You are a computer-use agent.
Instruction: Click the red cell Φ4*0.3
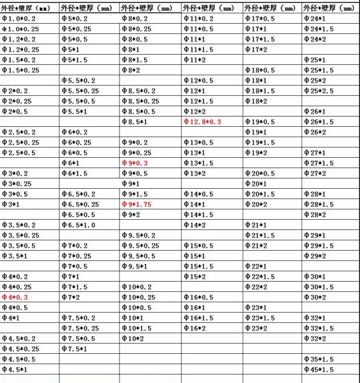coord(15,297)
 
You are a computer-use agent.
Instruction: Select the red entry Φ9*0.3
coord(134,163)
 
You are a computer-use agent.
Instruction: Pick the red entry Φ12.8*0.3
coord(202,121)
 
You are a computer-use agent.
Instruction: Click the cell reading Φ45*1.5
coord(318,369)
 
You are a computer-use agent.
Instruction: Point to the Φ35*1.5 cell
coord(318,359)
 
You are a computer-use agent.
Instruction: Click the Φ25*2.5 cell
coord(318,90)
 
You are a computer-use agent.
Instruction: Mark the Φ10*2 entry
coord(132,338)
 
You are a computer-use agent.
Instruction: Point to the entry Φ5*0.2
coord(75,19)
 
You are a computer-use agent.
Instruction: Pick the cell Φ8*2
coord(130,70)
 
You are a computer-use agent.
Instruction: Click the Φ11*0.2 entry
coord(198,19)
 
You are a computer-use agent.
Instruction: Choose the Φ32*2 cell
coord(314,338)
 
